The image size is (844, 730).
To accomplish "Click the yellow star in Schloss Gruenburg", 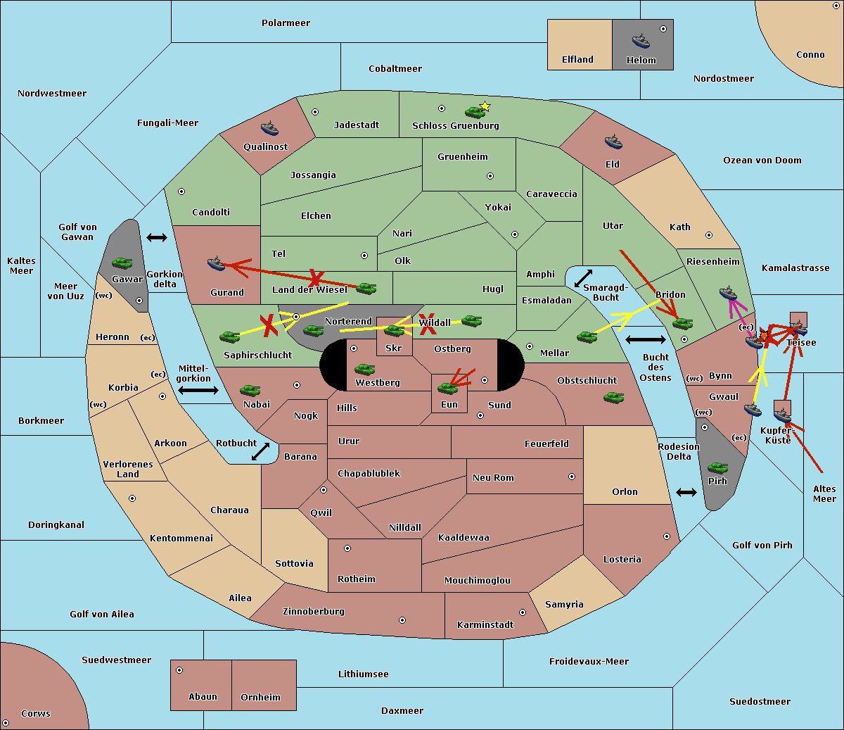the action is (485, 106).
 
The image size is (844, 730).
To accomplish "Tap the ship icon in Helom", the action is (641, 41).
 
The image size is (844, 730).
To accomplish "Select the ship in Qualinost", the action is (269, 128).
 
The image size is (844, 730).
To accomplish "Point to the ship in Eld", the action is (613, 141).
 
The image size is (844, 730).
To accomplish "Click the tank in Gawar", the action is (122, 263).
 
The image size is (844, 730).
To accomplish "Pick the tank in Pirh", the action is (717, 467).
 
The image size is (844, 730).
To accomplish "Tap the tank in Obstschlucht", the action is (614, 397).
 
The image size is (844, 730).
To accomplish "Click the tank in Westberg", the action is (364, 369).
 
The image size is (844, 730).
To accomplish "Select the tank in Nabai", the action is (250, 390).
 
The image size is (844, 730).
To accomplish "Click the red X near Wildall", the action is (428, 324).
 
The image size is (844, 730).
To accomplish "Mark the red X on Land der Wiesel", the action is (315, 278).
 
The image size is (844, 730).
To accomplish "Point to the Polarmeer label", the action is (286, 23).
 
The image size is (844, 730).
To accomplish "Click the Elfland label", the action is (577, 60).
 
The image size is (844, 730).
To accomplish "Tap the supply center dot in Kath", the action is (709, 235).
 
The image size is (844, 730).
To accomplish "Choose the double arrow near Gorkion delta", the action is (157, 237).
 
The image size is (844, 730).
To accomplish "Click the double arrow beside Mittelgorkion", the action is (198, 390).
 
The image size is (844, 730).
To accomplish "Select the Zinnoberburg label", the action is (314, 612).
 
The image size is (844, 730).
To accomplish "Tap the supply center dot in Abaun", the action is (179, 670).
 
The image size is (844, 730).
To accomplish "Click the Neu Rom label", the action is (493, 477).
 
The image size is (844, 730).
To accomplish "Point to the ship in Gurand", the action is (216, 263).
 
